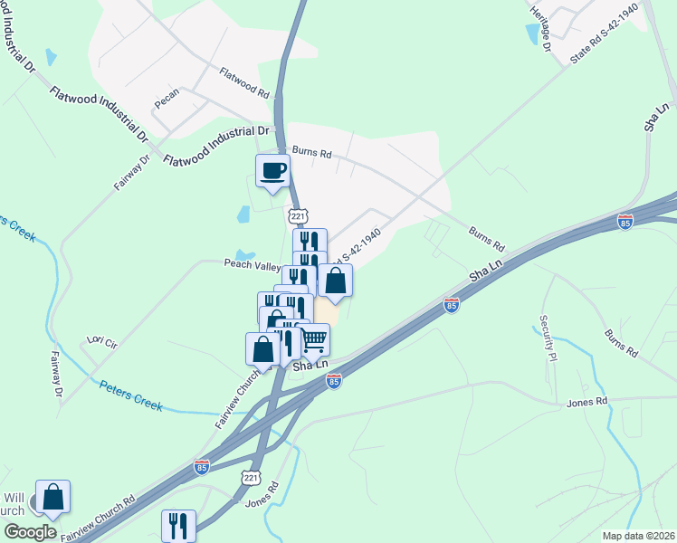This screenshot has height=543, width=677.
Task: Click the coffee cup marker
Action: [273, 171]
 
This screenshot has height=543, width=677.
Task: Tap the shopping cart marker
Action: [313, 340]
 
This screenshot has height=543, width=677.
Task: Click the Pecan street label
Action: [167, 99]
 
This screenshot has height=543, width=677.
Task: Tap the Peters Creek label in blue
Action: [130, 395]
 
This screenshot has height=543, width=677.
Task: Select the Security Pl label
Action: [545, 337]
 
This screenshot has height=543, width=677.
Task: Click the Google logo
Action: [30, 532]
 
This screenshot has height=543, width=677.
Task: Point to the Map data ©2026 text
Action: [637, 536]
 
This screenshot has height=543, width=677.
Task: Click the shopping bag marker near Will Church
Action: [52, 497]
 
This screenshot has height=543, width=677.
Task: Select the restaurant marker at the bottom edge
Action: [178, 525]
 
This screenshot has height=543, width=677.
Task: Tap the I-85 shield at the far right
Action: [625, 221]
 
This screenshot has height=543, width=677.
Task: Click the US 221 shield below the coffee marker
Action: [298, 216]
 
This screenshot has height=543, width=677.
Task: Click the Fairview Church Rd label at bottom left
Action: [98, 515]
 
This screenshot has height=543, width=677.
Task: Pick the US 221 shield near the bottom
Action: [251, 477]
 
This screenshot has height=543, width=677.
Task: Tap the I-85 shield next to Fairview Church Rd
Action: [201, 467]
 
